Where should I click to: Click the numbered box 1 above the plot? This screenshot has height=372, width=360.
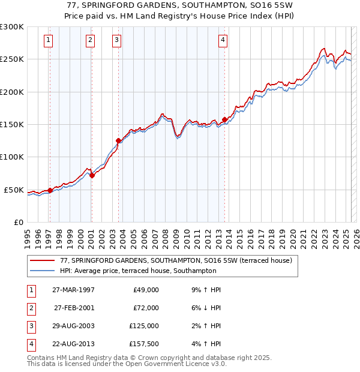click(47, 40)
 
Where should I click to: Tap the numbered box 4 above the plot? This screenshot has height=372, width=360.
click(223, 40)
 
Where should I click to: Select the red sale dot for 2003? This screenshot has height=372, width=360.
click(118, 141)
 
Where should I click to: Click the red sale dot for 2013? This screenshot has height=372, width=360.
click(224, 119)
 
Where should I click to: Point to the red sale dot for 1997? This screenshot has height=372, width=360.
click(50, 190)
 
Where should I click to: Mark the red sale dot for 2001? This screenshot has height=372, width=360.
click(92, 175)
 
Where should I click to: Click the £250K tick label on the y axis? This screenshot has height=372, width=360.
click(12, 59)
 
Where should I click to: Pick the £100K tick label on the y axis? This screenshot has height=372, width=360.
click(12, 157)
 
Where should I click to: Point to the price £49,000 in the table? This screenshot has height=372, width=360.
click(146, 290)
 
